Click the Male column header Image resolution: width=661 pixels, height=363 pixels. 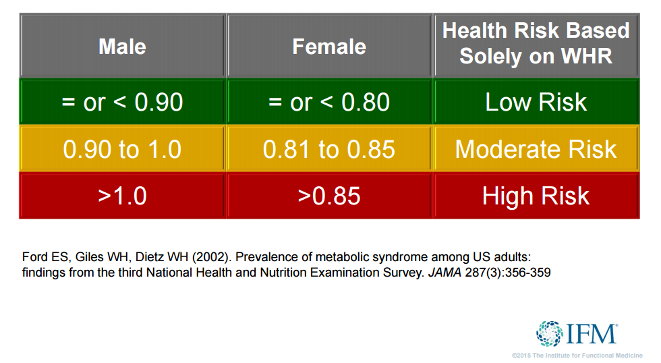[x=122, y=46]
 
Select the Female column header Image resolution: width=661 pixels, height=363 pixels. [x=329, y=46]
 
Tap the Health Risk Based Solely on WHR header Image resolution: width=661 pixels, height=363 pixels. [x=536, y=43]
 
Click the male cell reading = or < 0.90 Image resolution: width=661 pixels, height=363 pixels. [x=122, y=102]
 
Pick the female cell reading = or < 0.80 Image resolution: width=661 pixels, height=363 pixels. [x=329, y=102]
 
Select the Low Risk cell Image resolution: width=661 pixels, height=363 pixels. [x=536, y=102]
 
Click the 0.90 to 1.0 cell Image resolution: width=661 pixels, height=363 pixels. [x=122, y=149]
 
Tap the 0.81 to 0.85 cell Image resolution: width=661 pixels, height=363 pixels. [x=329, y=149]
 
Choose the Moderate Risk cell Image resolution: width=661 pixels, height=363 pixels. [x=536, y=149]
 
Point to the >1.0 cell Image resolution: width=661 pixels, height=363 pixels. [x=122, y=196]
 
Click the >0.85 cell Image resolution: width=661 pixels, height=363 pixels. [x=329, y=196]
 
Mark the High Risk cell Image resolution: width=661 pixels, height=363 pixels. [x=536, y=196]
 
